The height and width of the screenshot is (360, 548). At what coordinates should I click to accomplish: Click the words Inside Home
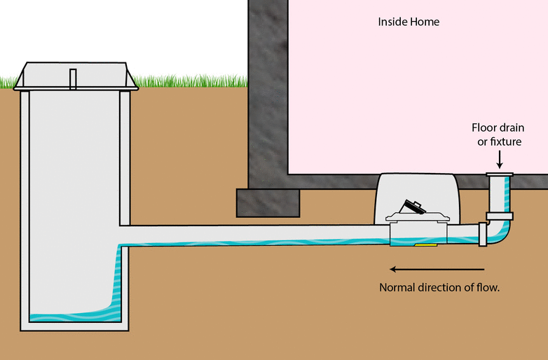[x=409, y=22]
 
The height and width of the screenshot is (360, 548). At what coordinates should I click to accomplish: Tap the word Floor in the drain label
[x=486, y=128]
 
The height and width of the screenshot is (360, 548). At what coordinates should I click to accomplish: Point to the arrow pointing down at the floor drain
[x=500, y=160]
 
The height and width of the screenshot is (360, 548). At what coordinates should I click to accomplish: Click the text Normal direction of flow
[x=439, y=287]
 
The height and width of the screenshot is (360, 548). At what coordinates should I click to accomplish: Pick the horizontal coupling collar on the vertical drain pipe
[x=500, y=214]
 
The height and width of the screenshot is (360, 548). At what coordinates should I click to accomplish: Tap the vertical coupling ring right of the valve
[x=482, y=234]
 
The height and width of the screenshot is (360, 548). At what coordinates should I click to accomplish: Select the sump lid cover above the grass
[x=71, y=76]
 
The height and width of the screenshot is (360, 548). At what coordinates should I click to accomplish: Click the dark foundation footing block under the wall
[x=269, y=202]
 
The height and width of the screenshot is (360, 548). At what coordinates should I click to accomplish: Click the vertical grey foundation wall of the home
[x=268, y=91]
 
